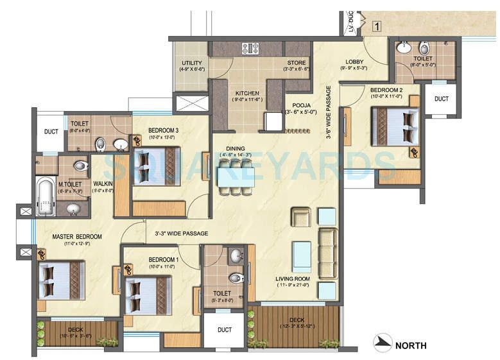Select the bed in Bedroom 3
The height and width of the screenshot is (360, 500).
pos(157,166)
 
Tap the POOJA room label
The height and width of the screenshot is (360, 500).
pos(301,104)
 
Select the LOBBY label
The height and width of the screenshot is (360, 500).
pos(354,62)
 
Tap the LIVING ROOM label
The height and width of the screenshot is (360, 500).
pos(293,278)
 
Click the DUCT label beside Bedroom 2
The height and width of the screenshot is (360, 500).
pos(441,99)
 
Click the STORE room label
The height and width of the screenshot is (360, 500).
pos(297,62)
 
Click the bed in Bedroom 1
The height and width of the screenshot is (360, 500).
pos(148,295)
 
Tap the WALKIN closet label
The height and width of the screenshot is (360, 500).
pos(103,183)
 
